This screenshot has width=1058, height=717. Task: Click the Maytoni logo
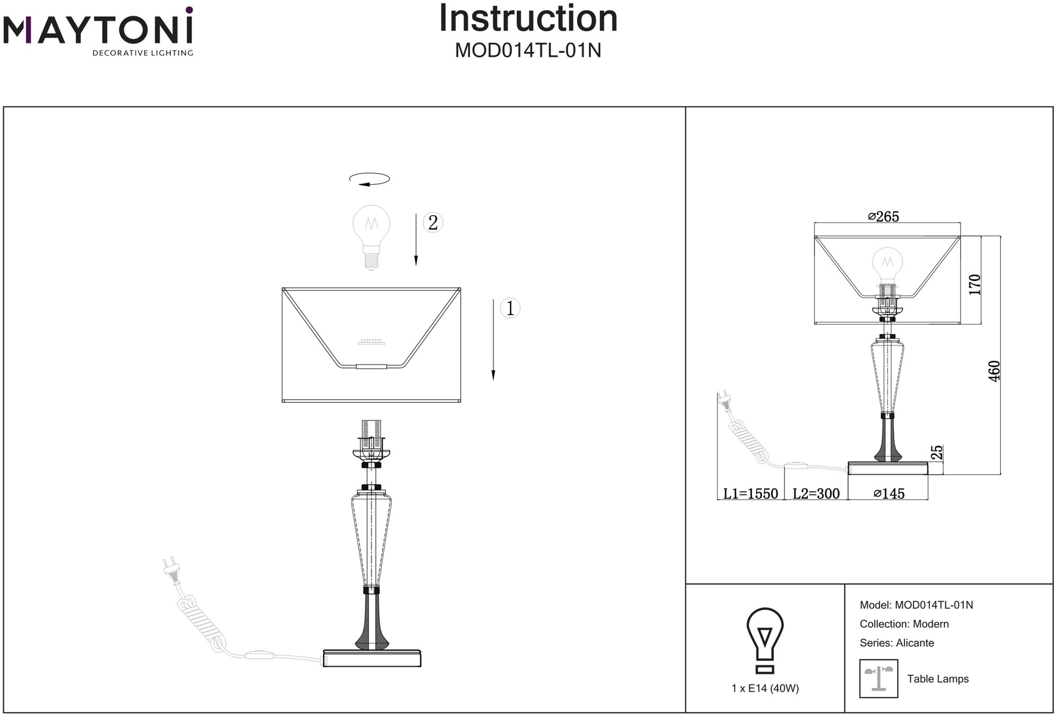tap(98, 32)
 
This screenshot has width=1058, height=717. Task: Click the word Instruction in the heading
tap(528, 19)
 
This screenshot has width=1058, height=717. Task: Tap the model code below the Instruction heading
tap(528, 51)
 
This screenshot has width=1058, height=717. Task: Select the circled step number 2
tap(433, 223)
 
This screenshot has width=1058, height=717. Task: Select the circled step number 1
tap(510, 308)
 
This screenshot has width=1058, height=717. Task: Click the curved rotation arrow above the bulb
tap(369, 180)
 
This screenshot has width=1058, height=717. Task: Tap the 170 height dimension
tap(974, 284)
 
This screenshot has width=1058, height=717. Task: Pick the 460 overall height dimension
tap(994, 371)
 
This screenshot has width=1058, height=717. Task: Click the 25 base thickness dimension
tap(936, 453)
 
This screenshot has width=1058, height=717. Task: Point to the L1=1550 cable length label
tap(750, 494)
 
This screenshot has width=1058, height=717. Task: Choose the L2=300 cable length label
tap(816, 494)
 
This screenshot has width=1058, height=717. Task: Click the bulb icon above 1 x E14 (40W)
tap(765, 640)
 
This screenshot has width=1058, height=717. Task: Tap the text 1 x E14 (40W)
tap(765, 688)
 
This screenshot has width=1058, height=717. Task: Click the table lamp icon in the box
tap(879, 678)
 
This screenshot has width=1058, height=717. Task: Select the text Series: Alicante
tap(897, 643)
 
